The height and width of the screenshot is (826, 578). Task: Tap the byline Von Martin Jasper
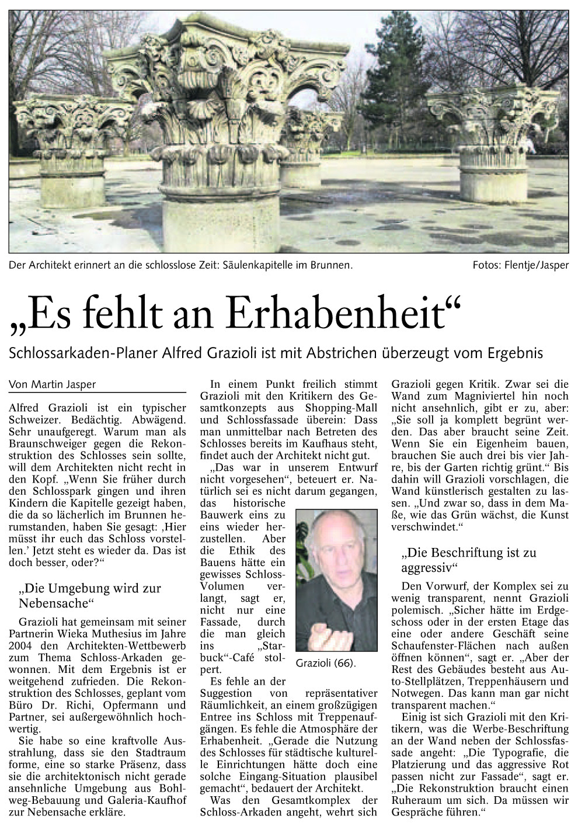click(x=52, y=384)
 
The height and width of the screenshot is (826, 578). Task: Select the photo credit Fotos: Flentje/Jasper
click(x=520, y=265)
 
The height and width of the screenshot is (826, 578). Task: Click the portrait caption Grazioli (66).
click(x=325, y=664)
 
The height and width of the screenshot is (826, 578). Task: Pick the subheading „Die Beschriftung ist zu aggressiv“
click(x=468, y=560)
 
